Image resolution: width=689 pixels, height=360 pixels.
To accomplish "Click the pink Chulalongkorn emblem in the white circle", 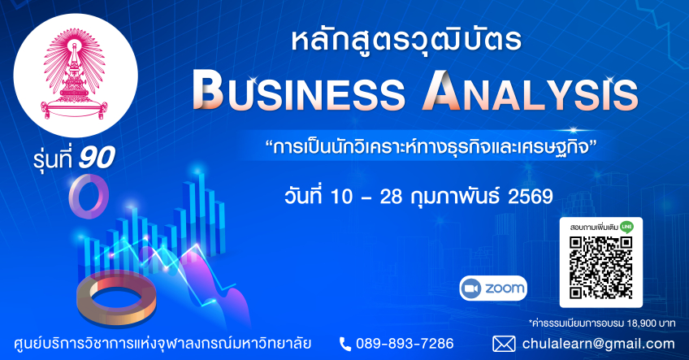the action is click(x=74, y=75).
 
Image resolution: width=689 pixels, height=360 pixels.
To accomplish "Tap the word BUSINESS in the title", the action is click(x=299, y=93).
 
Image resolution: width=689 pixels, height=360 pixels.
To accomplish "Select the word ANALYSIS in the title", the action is click(x=531, y=93).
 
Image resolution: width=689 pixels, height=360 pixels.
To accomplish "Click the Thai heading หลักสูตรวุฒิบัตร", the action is click(x=406, y=41).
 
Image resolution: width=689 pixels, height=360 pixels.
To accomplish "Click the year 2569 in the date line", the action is click(x=531, y=197).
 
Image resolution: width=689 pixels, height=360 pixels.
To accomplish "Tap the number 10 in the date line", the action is click(x=341, y=197).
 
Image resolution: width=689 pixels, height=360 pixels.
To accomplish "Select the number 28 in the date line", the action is click(x=391, y=197).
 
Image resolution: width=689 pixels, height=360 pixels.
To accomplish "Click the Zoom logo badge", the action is click(x=493, y=288).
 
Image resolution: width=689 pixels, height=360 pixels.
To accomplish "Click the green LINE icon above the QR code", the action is click(x=627, y=227).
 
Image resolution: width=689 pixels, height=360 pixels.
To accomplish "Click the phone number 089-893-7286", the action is click(x=405, y=343).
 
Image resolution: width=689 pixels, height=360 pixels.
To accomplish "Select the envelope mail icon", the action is click(x=504, y=344).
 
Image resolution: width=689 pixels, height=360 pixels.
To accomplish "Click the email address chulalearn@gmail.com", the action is click(x=599, y=344).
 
